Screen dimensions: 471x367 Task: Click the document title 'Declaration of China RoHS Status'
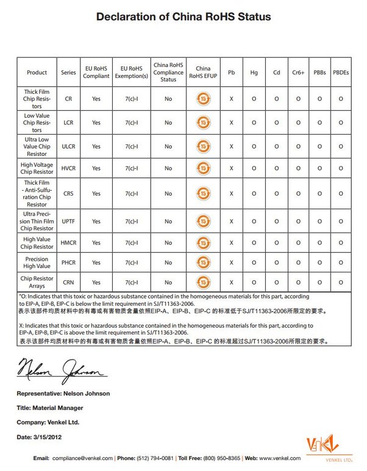184,17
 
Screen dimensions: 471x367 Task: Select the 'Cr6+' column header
299,73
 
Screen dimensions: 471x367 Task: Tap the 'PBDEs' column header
341,73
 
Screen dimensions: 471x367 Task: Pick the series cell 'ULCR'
69,146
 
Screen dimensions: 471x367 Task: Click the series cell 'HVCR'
69,168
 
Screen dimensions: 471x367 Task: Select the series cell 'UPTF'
69,221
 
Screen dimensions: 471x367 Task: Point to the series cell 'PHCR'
69,263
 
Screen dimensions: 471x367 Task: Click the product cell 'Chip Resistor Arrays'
37,283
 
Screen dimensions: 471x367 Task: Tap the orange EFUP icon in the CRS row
203,194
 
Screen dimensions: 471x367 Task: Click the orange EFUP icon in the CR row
203,99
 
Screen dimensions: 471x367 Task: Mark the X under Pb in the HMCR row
231,243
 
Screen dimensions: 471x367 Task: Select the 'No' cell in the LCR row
168,122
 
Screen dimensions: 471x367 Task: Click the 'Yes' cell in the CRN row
96,283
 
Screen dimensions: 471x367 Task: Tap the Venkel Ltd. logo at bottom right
329,445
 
